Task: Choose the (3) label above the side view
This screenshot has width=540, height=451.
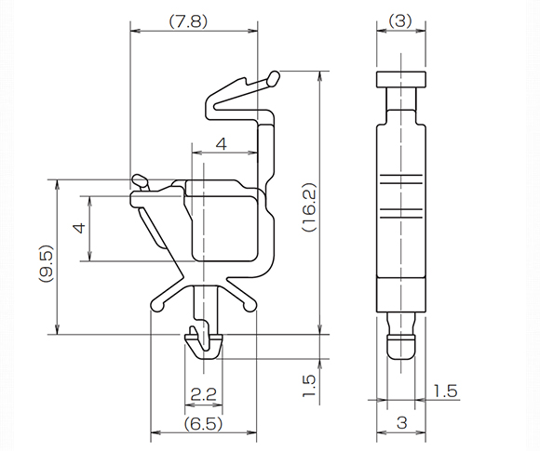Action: click(x=400, y=19)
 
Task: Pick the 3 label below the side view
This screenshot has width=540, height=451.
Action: click(x=401, y=423)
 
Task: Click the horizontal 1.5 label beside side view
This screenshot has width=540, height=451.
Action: click(x=445, y=391)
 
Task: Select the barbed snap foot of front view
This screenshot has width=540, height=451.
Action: click(x=205, y=344)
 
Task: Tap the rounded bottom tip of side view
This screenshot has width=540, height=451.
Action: click(x=401, y=349)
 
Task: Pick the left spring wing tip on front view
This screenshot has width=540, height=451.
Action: click(x=155, y=303)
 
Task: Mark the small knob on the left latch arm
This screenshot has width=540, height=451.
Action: click(x=139, y=178)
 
